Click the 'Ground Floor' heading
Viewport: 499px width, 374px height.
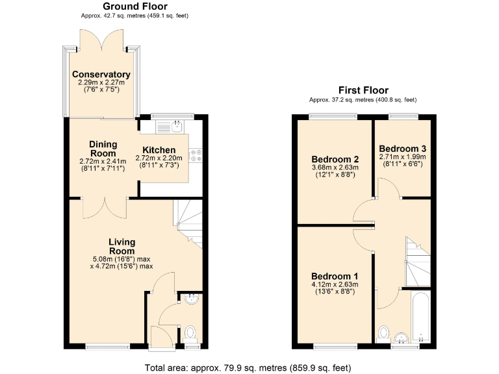(134, 6)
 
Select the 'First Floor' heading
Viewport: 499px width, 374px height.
(363, 90)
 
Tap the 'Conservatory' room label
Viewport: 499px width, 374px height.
(101, 75)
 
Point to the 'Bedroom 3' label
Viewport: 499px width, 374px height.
(402, 147)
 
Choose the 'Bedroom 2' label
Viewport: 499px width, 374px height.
(335, 159)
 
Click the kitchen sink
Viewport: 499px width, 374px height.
(178, 125)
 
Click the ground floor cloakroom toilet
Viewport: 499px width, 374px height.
(190, 333)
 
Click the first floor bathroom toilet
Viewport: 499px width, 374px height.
(384, 334)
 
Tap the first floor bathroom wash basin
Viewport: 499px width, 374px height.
(403, 336)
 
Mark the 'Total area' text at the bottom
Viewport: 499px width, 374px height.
(247, 368)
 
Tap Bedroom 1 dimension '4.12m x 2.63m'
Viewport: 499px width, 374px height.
(335, 284)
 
